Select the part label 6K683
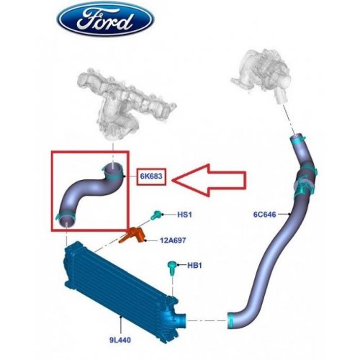(151, 176)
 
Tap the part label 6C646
(265, 214)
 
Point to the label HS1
(184, 215)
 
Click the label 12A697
(173, 240)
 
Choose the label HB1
(194, 265)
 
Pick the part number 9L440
(120, 340)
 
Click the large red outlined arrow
(209, 180)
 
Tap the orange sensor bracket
(132, 235)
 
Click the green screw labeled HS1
(156, 215)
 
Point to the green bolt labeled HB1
(172, 269)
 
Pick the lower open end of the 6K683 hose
(66, 220)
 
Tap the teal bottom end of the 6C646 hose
(231, 320)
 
